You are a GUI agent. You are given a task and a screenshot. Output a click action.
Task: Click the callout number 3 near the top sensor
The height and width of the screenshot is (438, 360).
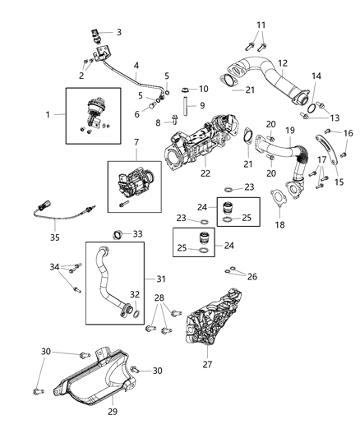(x=118, y=33)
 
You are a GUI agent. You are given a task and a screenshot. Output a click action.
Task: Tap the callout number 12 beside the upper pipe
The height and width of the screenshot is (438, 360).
(x=282, y=63)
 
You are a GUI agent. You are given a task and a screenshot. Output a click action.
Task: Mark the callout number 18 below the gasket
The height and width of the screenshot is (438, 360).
(x=281, y=224)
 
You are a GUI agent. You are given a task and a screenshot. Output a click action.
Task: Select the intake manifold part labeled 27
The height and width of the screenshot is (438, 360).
(x=218, y=325)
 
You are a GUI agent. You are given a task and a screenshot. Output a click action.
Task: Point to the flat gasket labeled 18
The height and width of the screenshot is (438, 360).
(x=282, y=197)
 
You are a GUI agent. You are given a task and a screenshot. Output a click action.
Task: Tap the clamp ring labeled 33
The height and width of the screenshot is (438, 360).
(x=117, y=235)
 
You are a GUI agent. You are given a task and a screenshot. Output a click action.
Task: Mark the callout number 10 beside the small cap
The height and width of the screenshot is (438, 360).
(x=204, y=88)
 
